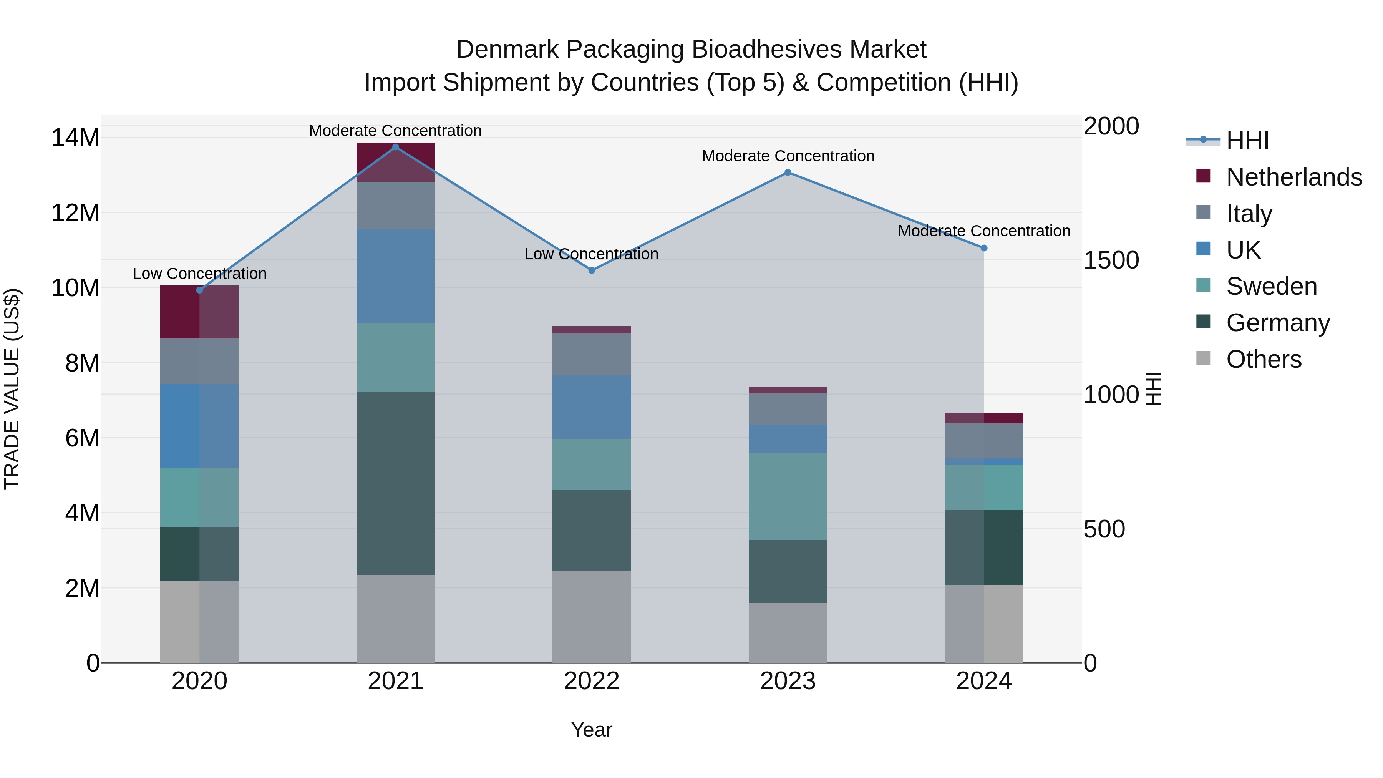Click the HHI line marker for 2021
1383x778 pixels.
[x=396, y=147]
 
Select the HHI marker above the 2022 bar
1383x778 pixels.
[x=592, y=270]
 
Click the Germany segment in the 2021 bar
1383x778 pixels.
[x=396, y=483]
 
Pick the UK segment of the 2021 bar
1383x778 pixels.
[x=396, y=277]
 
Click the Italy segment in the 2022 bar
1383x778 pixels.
[x=592, y=354]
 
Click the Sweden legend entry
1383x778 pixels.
[x=1271, y=286]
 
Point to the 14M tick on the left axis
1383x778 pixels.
[x=75, y=138]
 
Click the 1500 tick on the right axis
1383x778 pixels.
[x=1111, y=260]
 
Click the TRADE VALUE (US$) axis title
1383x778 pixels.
[x=12, y=389]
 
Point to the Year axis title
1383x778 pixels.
[x=592, y=730]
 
